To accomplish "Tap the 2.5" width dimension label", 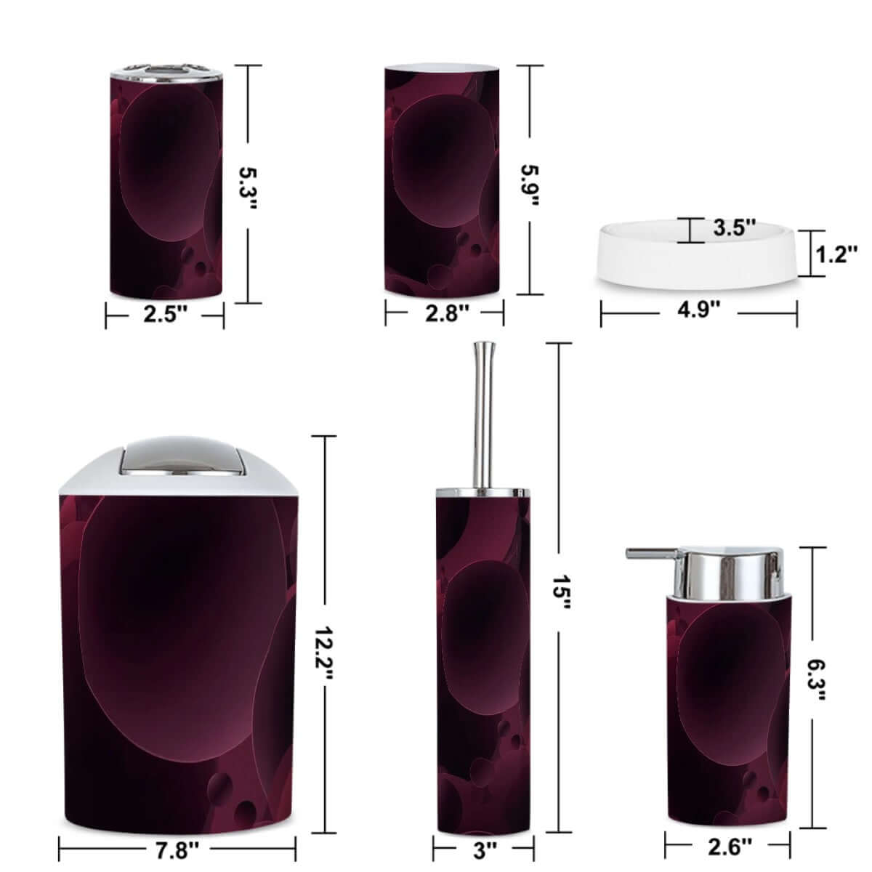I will pyautogui.click(x=165, y=315).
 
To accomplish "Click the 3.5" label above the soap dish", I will pyautogui.click(x=734, y=227).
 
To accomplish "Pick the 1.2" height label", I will pyautogui.click(x=836, y=254).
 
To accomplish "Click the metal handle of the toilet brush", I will pyautogui.click(x=480, y=414).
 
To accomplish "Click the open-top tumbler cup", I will pyautogui.click(x=443, y=182).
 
